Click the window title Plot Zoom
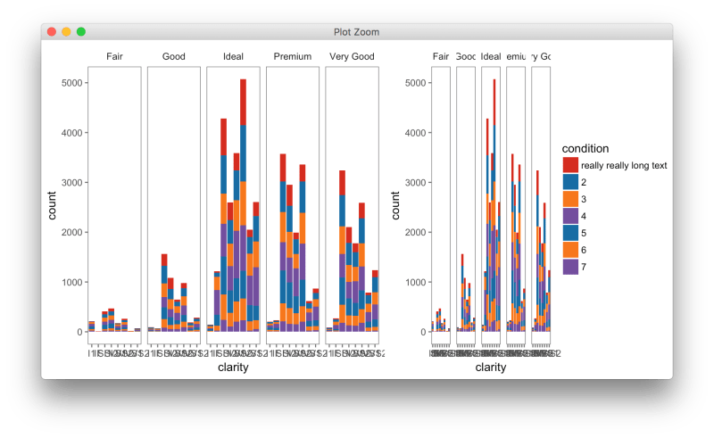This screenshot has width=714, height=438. coord(356,32)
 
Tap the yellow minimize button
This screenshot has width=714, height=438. coord(66,32)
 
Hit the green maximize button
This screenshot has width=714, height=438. coord(81,32)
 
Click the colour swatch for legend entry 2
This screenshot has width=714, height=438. coord(569,182)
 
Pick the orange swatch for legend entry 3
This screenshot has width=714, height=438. coord(569,198)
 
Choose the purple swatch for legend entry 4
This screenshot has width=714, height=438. coord(569,215)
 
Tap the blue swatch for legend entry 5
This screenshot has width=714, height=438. coord(569,232)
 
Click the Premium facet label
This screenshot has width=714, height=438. coord(293,57)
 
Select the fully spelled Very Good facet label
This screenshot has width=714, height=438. coord(353,57)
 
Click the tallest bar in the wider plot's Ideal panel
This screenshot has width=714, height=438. coord(243,205)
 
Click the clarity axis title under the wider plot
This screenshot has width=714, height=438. coord(233,366)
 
